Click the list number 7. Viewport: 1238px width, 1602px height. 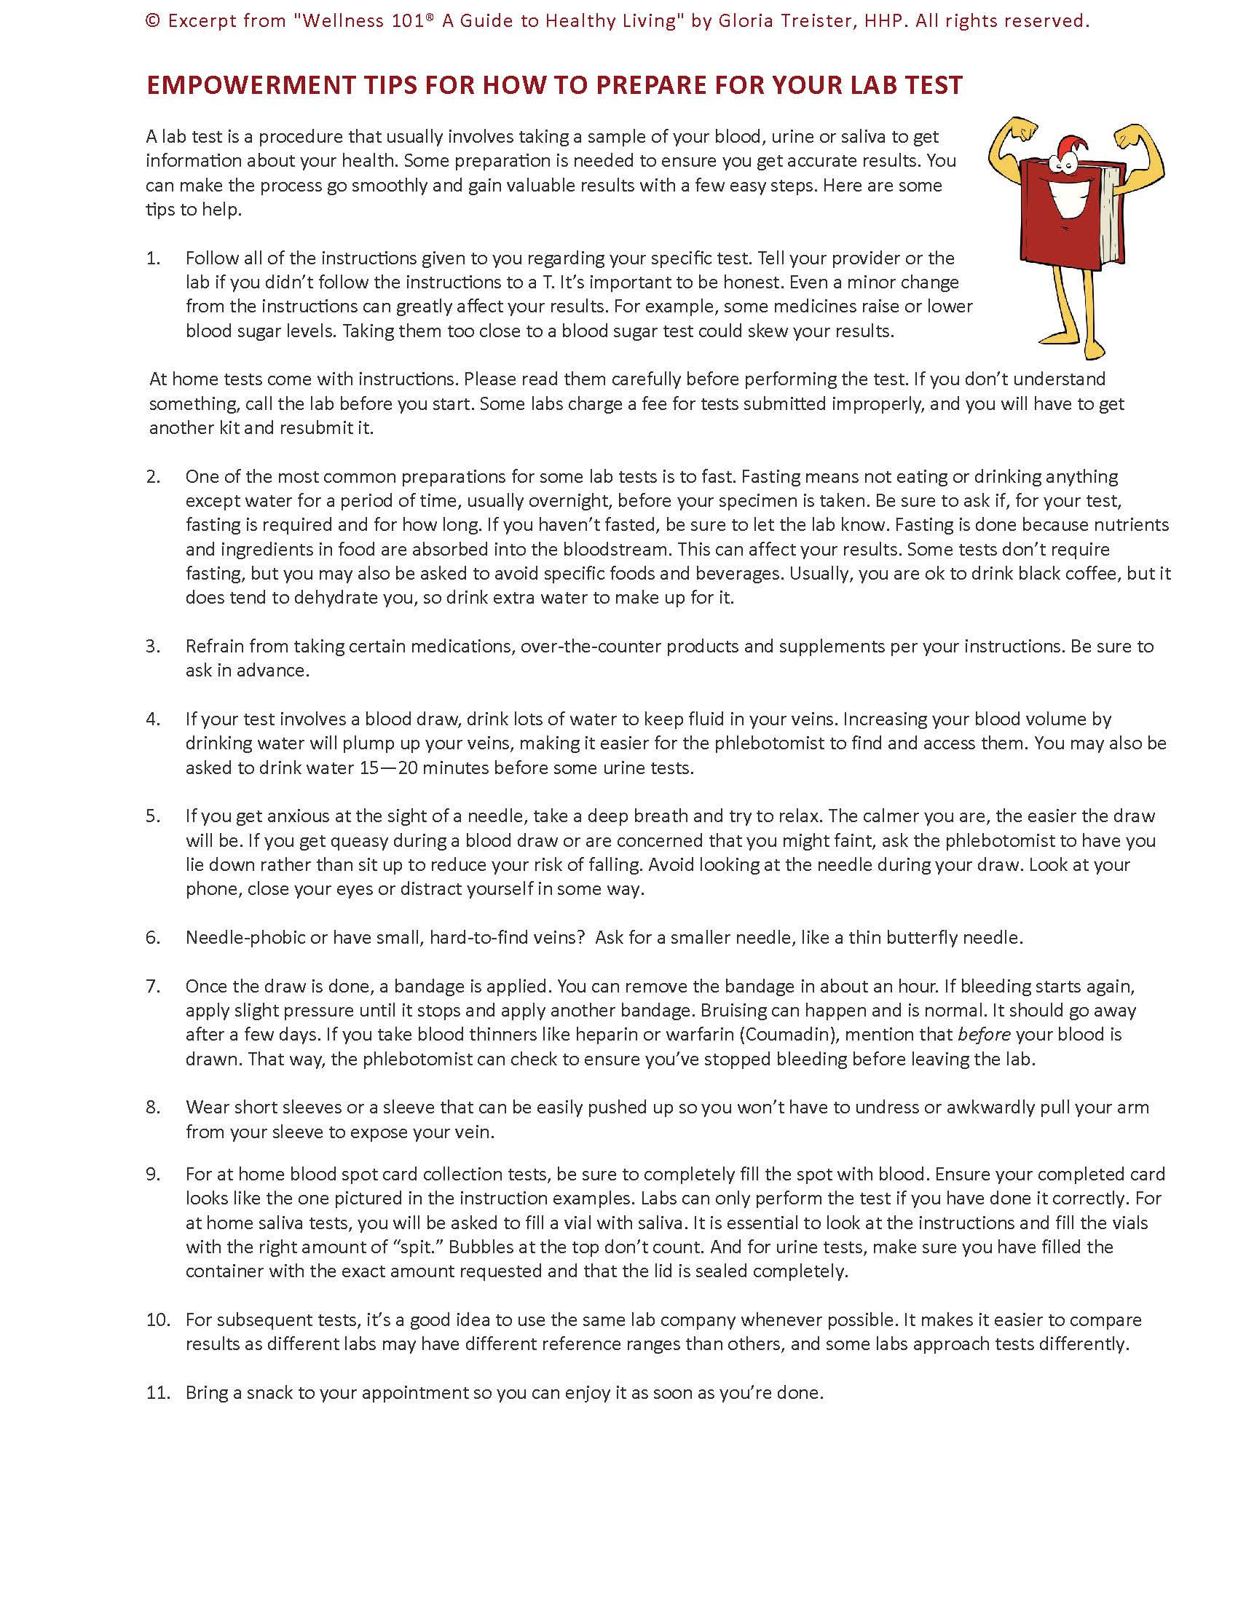[152, 986]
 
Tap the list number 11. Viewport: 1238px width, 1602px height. [158, 1392]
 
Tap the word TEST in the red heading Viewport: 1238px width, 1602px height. [933, 86]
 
